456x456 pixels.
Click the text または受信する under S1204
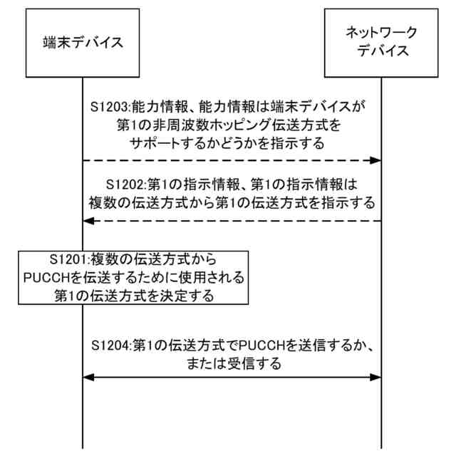tap(232, 362)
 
